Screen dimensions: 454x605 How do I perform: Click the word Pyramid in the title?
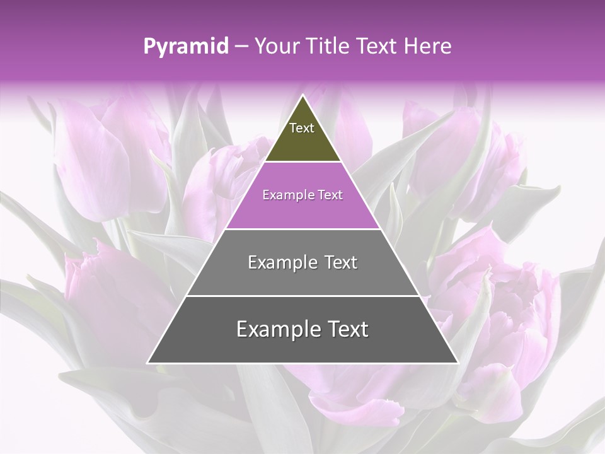coord(185,47)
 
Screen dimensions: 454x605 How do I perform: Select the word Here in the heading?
coord(428,47)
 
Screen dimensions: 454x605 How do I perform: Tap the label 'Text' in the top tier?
coord(302,128)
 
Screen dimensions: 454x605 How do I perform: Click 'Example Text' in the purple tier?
coord(302,195)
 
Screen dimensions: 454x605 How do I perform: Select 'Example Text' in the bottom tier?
coord(302,329)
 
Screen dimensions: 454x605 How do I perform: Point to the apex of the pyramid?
coord(302,96)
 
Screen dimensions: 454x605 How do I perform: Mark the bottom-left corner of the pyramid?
coord(148,363)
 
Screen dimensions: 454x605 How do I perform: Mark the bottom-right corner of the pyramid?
coord(458,363)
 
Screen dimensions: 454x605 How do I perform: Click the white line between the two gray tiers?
coord(302,296)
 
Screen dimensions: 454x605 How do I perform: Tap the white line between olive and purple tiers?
coord(302,162)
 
